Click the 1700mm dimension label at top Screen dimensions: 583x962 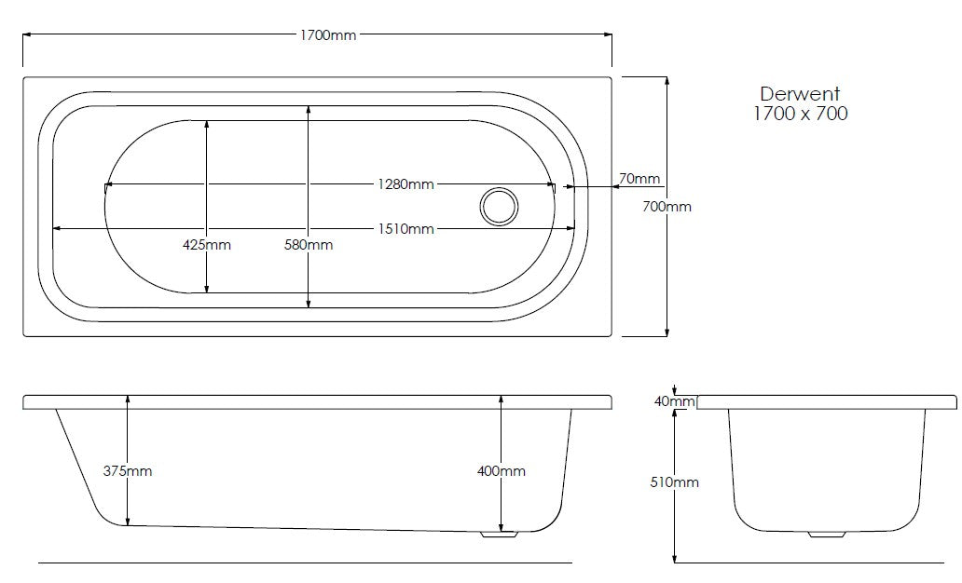coord(327,35)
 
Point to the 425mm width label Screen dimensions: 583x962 coord(206,245)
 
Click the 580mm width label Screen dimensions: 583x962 coord(308,245)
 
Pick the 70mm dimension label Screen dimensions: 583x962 coord(639,179)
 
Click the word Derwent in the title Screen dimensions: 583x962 coord(800,94)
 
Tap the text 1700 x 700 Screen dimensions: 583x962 coord(800,115)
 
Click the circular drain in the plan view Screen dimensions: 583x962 coord(499,206)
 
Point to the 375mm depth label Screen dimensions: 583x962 coord(128,471)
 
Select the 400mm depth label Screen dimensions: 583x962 coord(502,471)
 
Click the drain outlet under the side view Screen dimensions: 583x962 coord(499,536)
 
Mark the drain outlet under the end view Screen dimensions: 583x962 coord(826,536)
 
